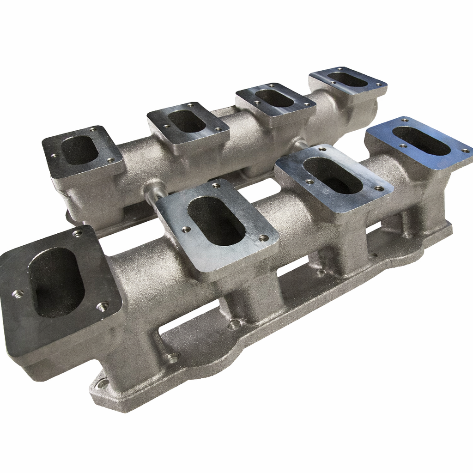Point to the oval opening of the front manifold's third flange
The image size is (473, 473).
tap(333, 175)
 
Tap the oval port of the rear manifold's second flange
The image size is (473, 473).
tap(187, 121)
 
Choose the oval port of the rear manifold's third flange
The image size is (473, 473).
tap(274, 98)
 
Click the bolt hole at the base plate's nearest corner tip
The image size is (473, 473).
tap(103, 383)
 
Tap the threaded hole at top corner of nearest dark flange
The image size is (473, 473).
tap(77, 234)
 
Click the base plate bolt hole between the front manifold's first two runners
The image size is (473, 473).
tap(173, 357)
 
